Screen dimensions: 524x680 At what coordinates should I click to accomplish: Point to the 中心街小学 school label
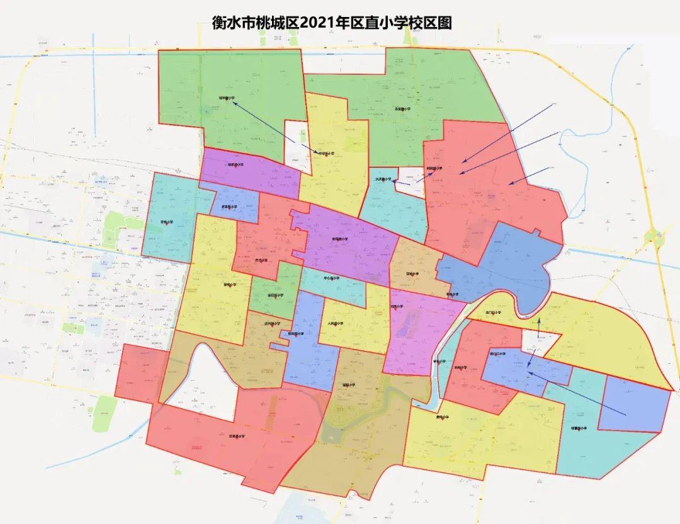(331, 277)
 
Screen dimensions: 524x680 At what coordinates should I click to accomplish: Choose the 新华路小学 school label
(340, 240)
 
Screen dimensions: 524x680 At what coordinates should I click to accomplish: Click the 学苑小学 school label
(167, 222)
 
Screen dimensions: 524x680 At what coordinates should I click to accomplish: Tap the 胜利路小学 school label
(296, 334)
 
